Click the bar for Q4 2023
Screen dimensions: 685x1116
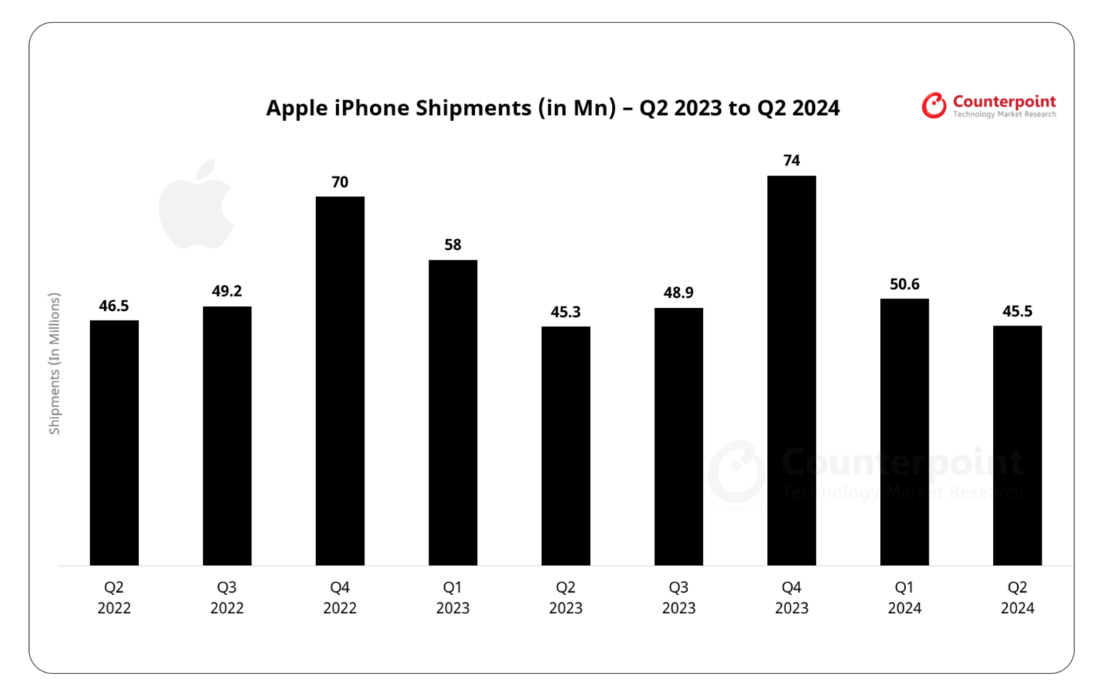[791, 370]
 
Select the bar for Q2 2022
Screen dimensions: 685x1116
[114, 442]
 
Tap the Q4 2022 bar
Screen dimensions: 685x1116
[340, 381]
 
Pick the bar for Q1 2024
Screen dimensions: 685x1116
[904, 431]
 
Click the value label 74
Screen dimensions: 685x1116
[791, 161]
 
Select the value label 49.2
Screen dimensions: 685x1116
[227, 291]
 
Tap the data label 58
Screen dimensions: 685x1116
[453, 245]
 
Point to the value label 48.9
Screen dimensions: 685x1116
[678, 293]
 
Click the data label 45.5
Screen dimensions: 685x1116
[1016, 312]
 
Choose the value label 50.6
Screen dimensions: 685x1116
[904, 284]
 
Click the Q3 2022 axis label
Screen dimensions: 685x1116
[227, 597]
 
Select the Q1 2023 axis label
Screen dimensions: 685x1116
[453, 597]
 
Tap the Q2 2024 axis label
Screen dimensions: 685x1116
[1016, 597]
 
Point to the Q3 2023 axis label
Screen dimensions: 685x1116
[678, 597]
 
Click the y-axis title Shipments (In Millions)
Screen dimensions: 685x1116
[54, 363]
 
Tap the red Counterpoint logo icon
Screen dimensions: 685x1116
[934, 105]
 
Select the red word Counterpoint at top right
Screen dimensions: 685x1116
[1004, 101]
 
